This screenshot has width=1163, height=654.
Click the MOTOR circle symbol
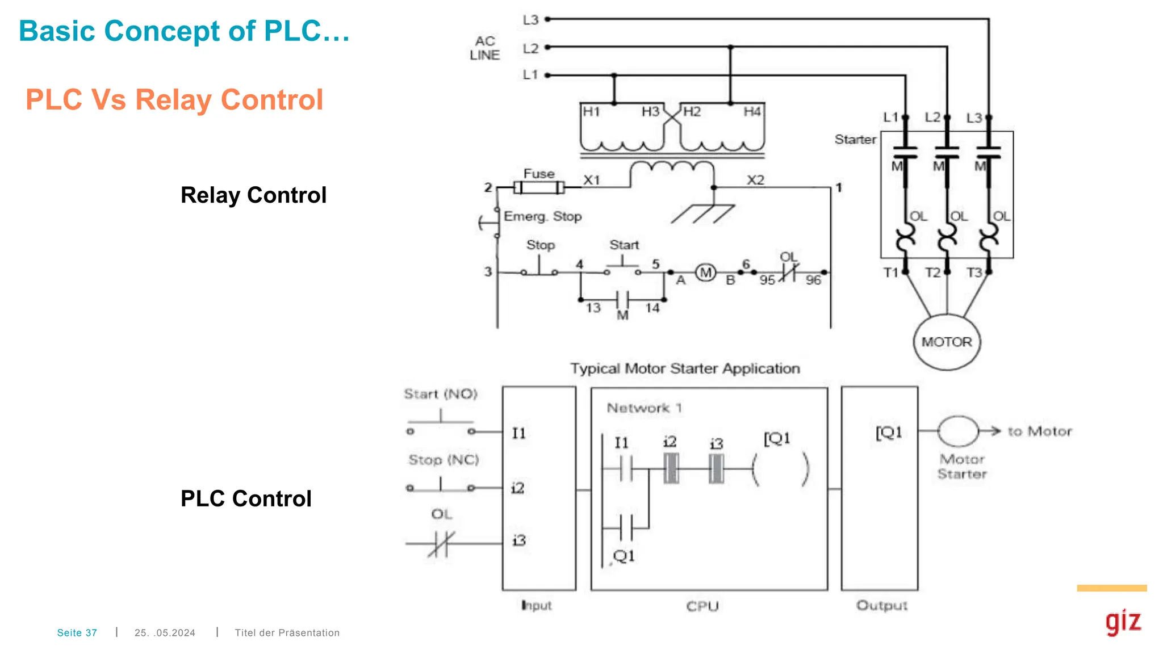coord(946,342)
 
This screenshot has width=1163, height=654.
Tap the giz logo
coord(1123,621)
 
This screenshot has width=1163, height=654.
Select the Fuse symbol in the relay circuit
coord(538,187)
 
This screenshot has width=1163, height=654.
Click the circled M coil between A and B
coord(705,273)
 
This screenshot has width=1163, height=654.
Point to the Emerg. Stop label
coord(542,216)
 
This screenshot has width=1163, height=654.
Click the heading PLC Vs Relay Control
coord(174,100)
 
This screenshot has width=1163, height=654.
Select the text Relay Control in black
coord(253,195)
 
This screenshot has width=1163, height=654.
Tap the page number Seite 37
coord(77,632)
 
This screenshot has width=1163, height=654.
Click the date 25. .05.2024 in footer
coord(165,632)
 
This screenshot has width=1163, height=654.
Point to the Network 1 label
coord(644,408)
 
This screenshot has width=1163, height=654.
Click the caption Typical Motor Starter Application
coord(685,369)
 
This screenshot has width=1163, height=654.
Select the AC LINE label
coord(485,48)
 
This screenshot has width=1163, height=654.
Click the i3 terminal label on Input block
coord(518,540)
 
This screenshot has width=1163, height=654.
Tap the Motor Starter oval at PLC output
coord(957,431)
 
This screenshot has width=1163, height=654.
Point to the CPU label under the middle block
coord(702,606)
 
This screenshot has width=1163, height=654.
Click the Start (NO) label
coord(441,394)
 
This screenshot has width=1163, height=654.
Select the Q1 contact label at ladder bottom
coord(624,556)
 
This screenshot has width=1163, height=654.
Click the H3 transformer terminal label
coord(650,112)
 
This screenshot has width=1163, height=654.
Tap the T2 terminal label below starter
coord(932,273)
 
